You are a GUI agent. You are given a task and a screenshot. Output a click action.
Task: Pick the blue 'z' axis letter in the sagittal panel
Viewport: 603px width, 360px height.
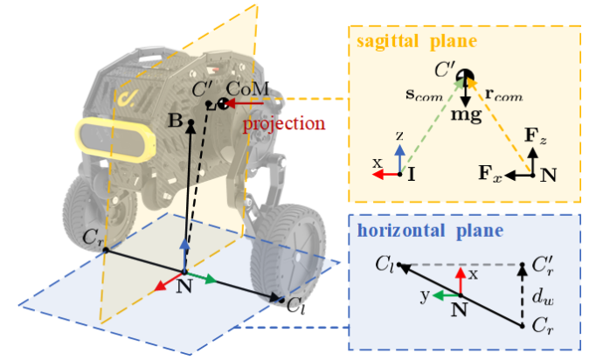coord(399,138)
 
